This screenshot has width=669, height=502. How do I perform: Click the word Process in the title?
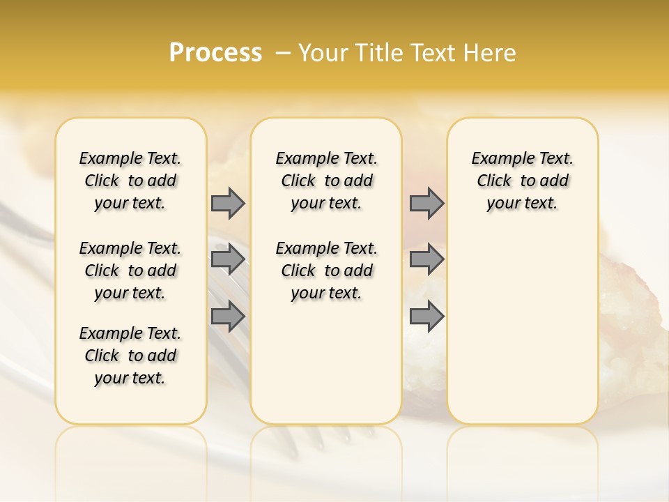215,52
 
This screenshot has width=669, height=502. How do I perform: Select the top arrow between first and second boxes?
228,203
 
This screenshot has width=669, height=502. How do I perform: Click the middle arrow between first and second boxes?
228,259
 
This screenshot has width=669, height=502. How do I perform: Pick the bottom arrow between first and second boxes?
228,316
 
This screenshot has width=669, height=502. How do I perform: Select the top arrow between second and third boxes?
426,203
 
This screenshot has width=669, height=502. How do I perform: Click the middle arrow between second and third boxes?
426,259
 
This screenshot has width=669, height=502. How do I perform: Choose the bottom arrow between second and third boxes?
426,316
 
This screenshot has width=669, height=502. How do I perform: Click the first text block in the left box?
130,181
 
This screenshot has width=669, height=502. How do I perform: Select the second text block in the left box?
130,271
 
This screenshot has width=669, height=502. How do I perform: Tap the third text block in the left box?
130,356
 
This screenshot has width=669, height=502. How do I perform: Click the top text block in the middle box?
326,181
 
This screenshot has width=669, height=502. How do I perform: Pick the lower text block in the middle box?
326,271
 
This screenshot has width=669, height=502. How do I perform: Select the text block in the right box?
522,181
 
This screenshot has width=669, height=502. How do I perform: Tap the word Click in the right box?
494,181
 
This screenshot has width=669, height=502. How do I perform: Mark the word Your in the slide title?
321,53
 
